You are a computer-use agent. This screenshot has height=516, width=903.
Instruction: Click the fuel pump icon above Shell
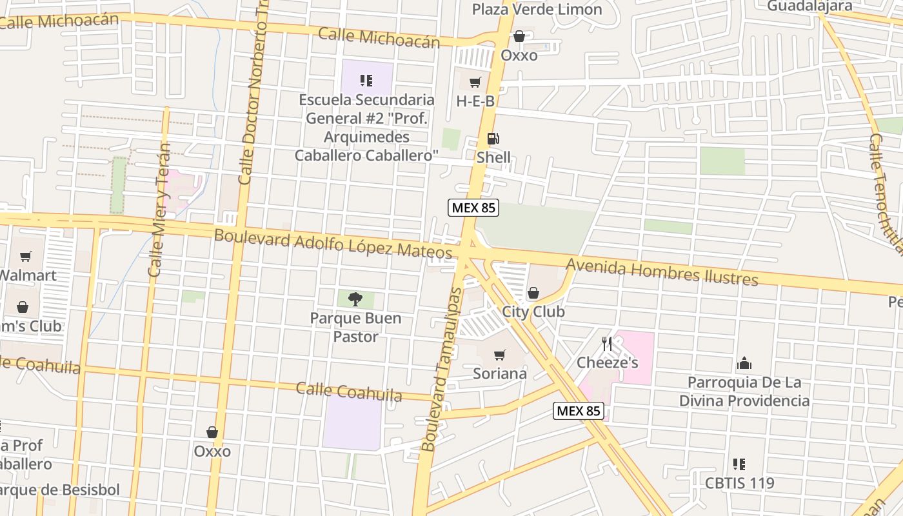click(493, 139)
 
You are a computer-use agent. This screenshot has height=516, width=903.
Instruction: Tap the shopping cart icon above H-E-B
click(475, 83)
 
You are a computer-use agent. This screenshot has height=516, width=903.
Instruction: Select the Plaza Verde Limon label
click(537, 10)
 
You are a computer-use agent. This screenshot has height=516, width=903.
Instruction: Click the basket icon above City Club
click(533, 293)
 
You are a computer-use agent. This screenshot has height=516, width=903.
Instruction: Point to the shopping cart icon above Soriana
click(499, 355)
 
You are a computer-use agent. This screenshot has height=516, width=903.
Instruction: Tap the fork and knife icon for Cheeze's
click(607, 344)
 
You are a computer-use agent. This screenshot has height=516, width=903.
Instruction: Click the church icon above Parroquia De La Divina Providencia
click(744, 364)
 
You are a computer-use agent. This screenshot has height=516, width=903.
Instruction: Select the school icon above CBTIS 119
click(739, 464)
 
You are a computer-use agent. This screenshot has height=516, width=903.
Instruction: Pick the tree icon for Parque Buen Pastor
click(355, 299)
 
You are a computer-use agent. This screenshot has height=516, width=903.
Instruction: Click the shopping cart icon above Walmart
click(26, 257)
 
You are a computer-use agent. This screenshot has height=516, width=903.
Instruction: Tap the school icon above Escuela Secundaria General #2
click(366, 81)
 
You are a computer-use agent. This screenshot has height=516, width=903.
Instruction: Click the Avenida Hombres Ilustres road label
click(662, 272)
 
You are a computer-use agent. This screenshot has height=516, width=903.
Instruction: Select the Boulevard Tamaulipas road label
click(442, 369)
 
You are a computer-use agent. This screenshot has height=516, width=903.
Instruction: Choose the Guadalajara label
click(809, 6)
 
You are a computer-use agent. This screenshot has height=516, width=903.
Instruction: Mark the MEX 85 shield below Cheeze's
click(578, 411)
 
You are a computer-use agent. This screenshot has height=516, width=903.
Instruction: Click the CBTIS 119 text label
click(739, 483)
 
